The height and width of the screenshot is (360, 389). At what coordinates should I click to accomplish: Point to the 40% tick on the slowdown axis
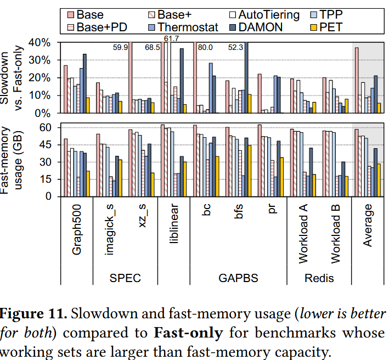click(x=42, y=42)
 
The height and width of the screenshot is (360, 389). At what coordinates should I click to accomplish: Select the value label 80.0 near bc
click(x=207, y=48)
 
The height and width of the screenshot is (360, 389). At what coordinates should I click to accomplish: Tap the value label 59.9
click(x=121, y=48)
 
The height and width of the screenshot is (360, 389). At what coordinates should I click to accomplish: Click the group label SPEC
click(x=125, y=278)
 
